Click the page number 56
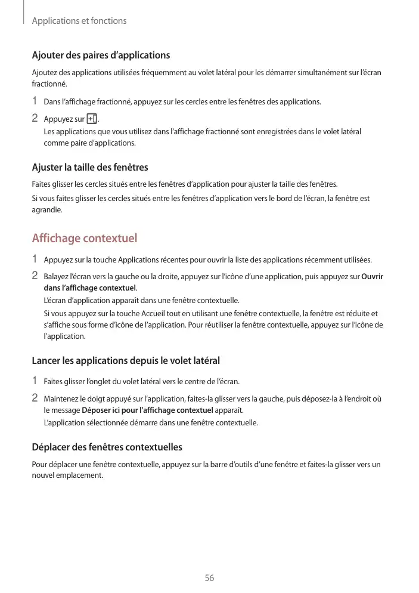(x=209, y=578)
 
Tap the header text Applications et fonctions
(x=79, y=21)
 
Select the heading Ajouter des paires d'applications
(x=101, y=55)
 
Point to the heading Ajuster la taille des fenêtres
(x=89, y=167)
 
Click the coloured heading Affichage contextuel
(x=84, y=239)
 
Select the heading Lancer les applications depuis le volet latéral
(x=125, y=360)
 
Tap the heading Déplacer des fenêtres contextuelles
(x=107, y=447)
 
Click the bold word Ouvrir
(x=373, y=277)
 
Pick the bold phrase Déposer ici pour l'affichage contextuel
(x=147, y=410)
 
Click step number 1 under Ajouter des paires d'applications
(x=35, y=101)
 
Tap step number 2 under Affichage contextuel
(x=35, y=276)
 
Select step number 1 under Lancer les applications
(x=35, y=381)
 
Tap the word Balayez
(x=57, y=277)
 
